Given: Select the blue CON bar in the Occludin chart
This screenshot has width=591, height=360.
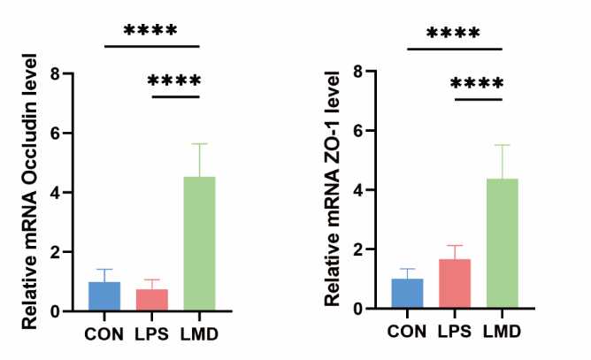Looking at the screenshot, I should click(x=104, y=296).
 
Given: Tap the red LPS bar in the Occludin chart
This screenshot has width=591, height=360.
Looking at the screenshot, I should click(x=152, y=300).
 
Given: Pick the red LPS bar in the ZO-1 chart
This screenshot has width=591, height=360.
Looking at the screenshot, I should click(x=454, y=283).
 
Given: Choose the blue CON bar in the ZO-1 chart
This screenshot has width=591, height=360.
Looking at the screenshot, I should click(x=407, y=294).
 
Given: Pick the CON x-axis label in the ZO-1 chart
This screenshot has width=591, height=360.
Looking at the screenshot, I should click(x=407, y=333).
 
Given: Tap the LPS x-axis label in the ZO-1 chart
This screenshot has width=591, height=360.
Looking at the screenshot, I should click(x=454, y=333).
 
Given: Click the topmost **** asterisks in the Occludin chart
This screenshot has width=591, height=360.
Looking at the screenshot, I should click(x=151, y=31).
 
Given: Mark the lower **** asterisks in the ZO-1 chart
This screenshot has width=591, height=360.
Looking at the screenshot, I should click(x=478, y=85).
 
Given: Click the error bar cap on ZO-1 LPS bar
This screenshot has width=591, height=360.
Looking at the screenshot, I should click(x=454, y=246).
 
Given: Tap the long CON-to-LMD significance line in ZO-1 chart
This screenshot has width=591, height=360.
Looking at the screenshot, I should click(x=455, y=49).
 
